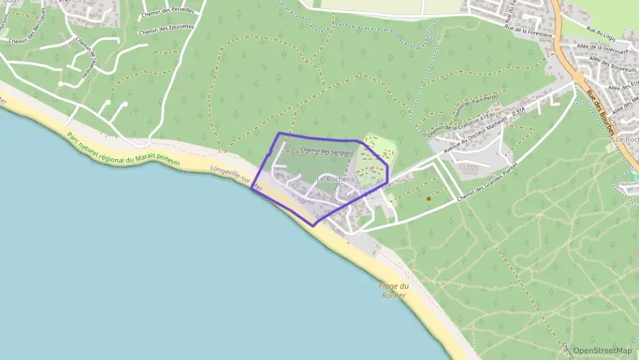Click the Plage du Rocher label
(x=395, y=290)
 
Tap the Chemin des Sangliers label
(x=326, y=151)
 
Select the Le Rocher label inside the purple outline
(x=334, y=180)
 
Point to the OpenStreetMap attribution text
(x=602, y=350)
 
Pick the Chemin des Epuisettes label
(x=167, y=30)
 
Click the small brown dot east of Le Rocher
(x=428, y=199)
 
